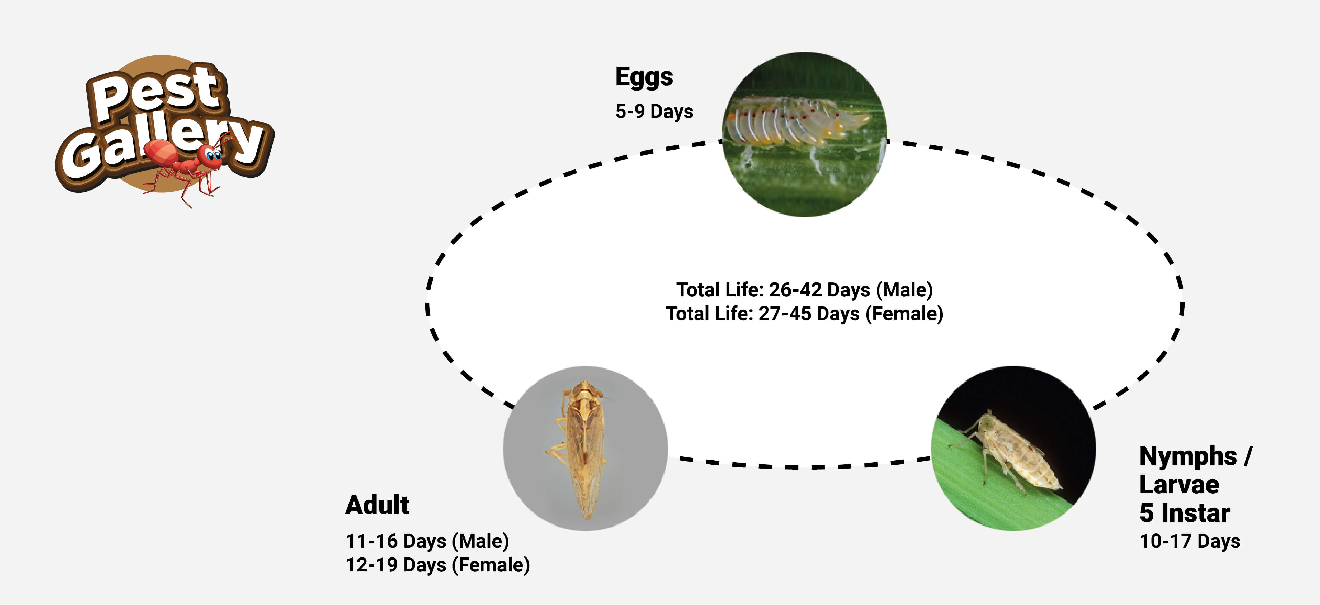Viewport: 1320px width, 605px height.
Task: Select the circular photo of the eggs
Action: [804, 134]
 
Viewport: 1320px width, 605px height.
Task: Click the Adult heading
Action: [377, 505]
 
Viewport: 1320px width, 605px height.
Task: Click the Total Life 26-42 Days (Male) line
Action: [804, 290]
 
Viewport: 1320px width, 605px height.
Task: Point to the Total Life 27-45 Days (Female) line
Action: [804, 314]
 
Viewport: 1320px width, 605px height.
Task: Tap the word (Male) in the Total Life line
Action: [904, 290]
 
